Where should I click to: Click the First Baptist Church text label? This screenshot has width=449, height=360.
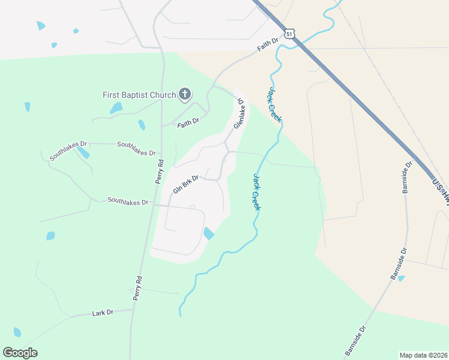pos(139,95)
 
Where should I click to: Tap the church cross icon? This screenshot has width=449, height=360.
pos(185,94)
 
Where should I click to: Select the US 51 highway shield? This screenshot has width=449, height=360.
pos(290,35)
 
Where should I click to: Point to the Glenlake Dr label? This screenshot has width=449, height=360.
pos(240,112)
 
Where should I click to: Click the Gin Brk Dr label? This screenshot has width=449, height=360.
pos(185,183)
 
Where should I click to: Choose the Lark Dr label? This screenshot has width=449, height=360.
pos(103,313)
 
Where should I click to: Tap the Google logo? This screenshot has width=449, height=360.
pos(20,353)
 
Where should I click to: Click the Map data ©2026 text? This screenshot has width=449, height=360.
pos(423,355)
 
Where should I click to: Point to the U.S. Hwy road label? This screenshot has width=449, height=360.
pos(439,191)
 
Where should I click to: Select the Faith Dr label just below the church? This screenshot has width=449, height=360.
pos(188,123)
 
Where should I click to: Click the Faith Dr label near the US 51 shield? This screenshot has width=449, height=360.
pos(268,44)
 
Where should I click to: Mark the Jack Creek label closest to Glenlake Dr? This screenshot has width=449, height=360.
pos(274,105)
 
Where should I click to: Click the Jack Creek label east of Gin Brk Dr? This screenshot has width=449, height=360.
pos(256,192)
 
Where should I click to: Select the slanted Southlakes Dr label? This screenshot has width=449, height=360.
pos(68,150)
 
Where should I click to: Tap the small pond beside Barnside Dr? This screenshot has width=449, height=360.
pos(401,278)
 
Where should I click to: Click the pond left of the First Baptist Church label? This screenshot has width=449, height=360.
pos(116,108)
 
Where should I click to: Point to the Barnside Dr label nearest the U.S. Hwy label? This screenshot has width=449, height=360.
pos(408,177)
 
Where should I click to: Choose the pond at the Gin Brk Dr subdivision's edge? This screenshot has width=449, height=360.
pos(208,233)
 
